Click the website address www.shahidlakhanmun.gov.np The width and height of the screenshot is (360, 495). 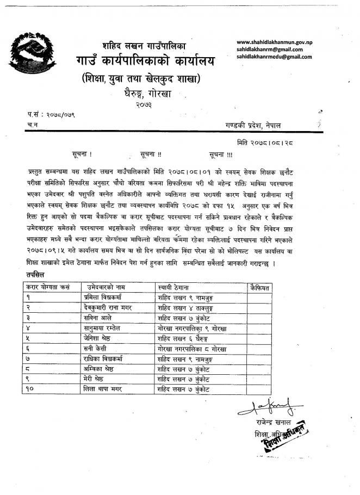tap(278, 42)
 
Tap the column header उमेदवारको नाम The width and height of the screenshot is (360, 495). tap(107, 287)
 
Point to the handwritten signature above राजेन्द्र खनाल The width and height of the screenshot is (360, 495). tap(266, 405)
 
